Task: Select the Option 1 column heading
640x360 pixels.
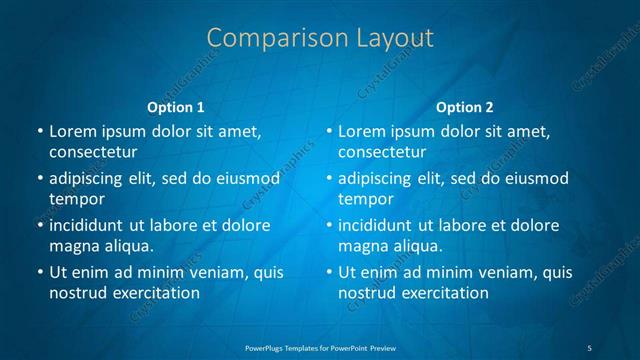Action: coord(176,107)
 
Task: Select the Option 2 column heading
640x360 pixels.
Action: coord(465,107)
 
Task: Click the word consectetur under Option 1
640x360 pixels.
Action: coord(93,152)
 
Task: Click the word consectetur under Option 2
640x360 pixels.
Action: coord(383,152)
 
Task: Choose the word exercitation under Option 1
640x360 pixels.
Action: coord(152,293)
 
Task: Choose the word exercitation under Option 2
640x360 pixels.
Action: coord(442,293)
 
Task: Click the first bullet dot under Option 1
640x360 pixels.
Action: coord(39,132)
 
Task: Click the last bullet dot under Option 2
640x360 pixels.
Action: coord(329,272)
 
